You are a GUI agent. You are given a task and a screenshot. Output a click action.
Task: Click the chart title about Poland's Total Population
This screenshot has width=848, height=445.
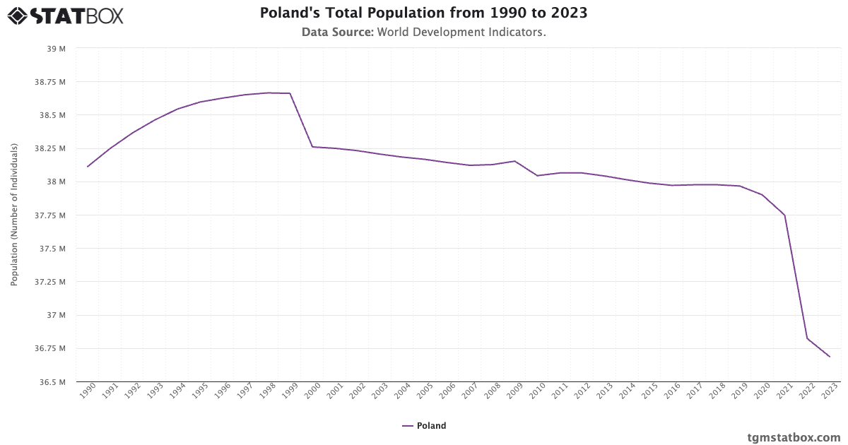pos(423,13)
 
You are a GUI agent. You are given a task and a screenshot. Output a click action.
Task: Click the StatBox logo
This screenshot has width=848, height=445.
pos(65,16)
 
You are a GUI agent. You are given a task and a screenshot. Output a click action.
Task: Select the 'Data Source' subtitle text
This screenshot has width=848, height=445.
pos(423,32)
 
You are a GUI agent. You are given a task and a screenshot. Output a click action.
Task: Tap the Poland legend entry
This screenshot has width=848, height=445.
pos(424,426)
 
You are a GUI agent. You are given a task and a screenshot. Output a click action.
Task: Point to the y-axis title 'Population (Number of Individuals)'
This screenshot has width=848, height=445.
pos(14,215)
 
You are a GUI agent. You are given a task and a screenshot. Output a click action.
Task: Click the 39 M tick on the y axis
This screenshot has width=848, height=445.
pos(57,49)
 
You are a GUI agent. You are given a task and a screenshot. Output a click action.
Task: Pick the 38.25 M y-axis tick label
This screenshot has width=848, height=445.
pos(52,148)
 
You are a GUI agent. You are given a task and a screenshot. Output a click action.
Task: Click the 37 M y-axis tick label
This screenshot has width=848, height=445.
pos(57,315)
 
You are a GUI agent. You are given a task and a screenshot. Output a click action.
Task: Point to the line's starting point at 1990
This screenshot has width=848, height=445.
pos(88,167)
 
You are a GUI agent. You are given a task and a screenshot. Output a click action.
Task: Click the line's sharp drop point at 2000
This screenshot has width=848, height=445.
pos(312,147)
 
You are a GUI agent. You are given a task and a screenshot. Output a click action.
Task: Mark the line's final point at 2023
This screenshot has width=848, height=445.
pos(830,357)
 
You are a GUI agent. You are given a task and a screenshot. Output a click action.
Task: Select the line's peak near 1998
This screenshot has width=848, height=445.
pos(268,93)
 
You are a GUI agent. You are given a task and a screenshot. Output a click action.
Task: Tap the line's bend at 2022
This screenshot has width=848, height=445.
pos(807,338)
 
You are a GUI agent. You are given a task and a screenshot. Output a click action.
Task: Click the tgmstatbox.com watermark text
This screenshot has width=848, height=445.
pos(794,437)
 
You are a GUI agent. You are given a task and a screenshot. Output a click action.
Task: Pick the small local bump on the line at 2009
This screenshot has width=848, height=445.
pos(514,161)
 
